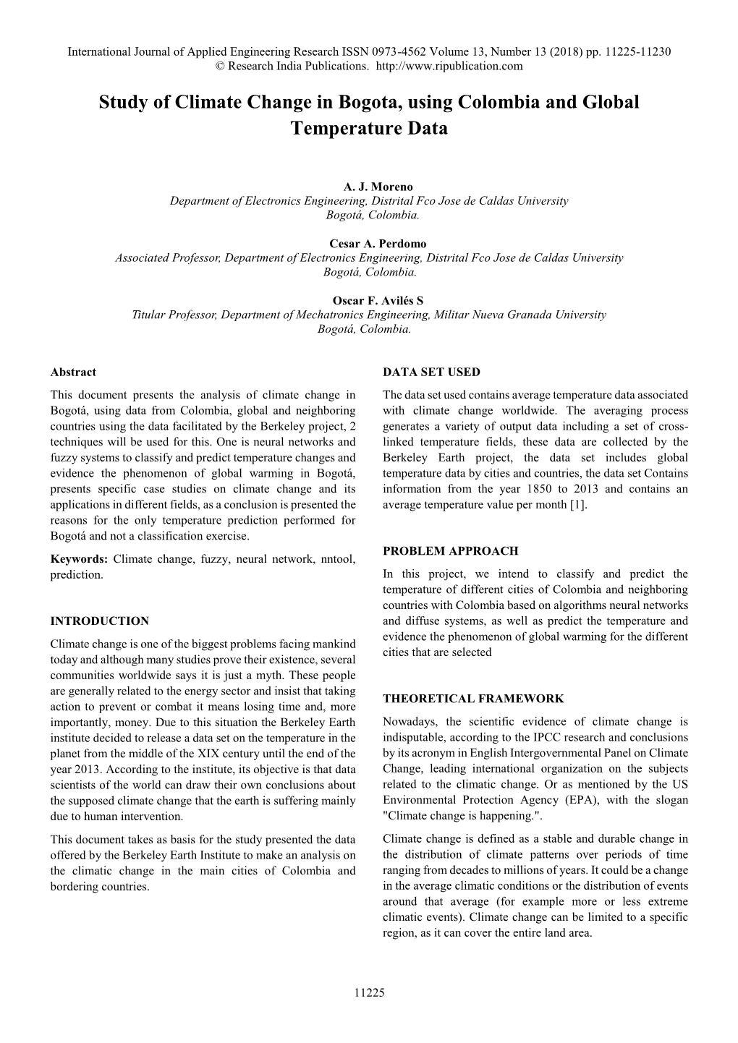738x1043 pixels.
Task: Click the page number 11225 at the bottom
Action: (x=369, y=993)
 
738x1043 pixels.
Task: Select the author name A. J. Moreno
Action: (x=369, y=187)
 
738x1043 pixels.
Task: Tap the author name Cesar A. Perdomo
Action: (x=369, y=244)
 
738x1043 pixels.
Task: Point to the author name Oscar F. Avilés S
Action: (x=369, y=302)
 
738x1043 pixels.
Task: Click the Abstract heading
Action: (x=73, y=372)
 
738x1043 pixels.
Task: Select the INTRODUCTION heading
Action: (x=100, y=621)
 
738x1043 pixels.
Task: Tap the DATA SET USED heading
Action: (x=431, y=372)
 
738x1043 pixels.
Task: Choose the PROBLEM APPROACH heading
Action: (x=450, y=551)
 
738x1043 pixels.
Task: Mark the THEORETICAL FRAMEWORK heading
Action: (x=473, y=699)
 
